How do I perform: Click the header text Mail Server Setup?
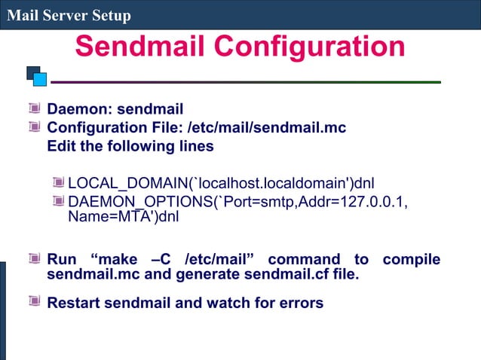(x=69, y=15)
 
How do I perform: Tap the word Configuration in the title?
(x=309, y=47)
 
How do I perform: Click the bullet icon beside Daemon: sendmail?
(x=35, y=110)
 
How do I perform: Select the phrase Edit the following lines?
(x=130, y=146)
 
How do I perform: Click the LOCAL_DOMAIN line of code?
(x=221, y=183)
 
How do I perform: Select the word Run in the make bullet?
(x=63, y=260)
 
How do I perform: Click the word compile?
(x=411, y=260)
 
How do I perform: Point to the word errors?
(x=299, y=303)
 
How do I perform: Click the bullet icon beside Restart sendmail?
(x=35, y=301)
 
